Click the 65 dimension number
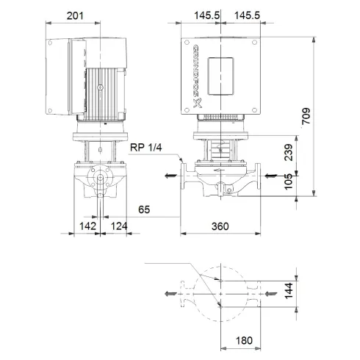click(144, 209)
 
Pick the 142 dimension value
click(88, 226)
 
